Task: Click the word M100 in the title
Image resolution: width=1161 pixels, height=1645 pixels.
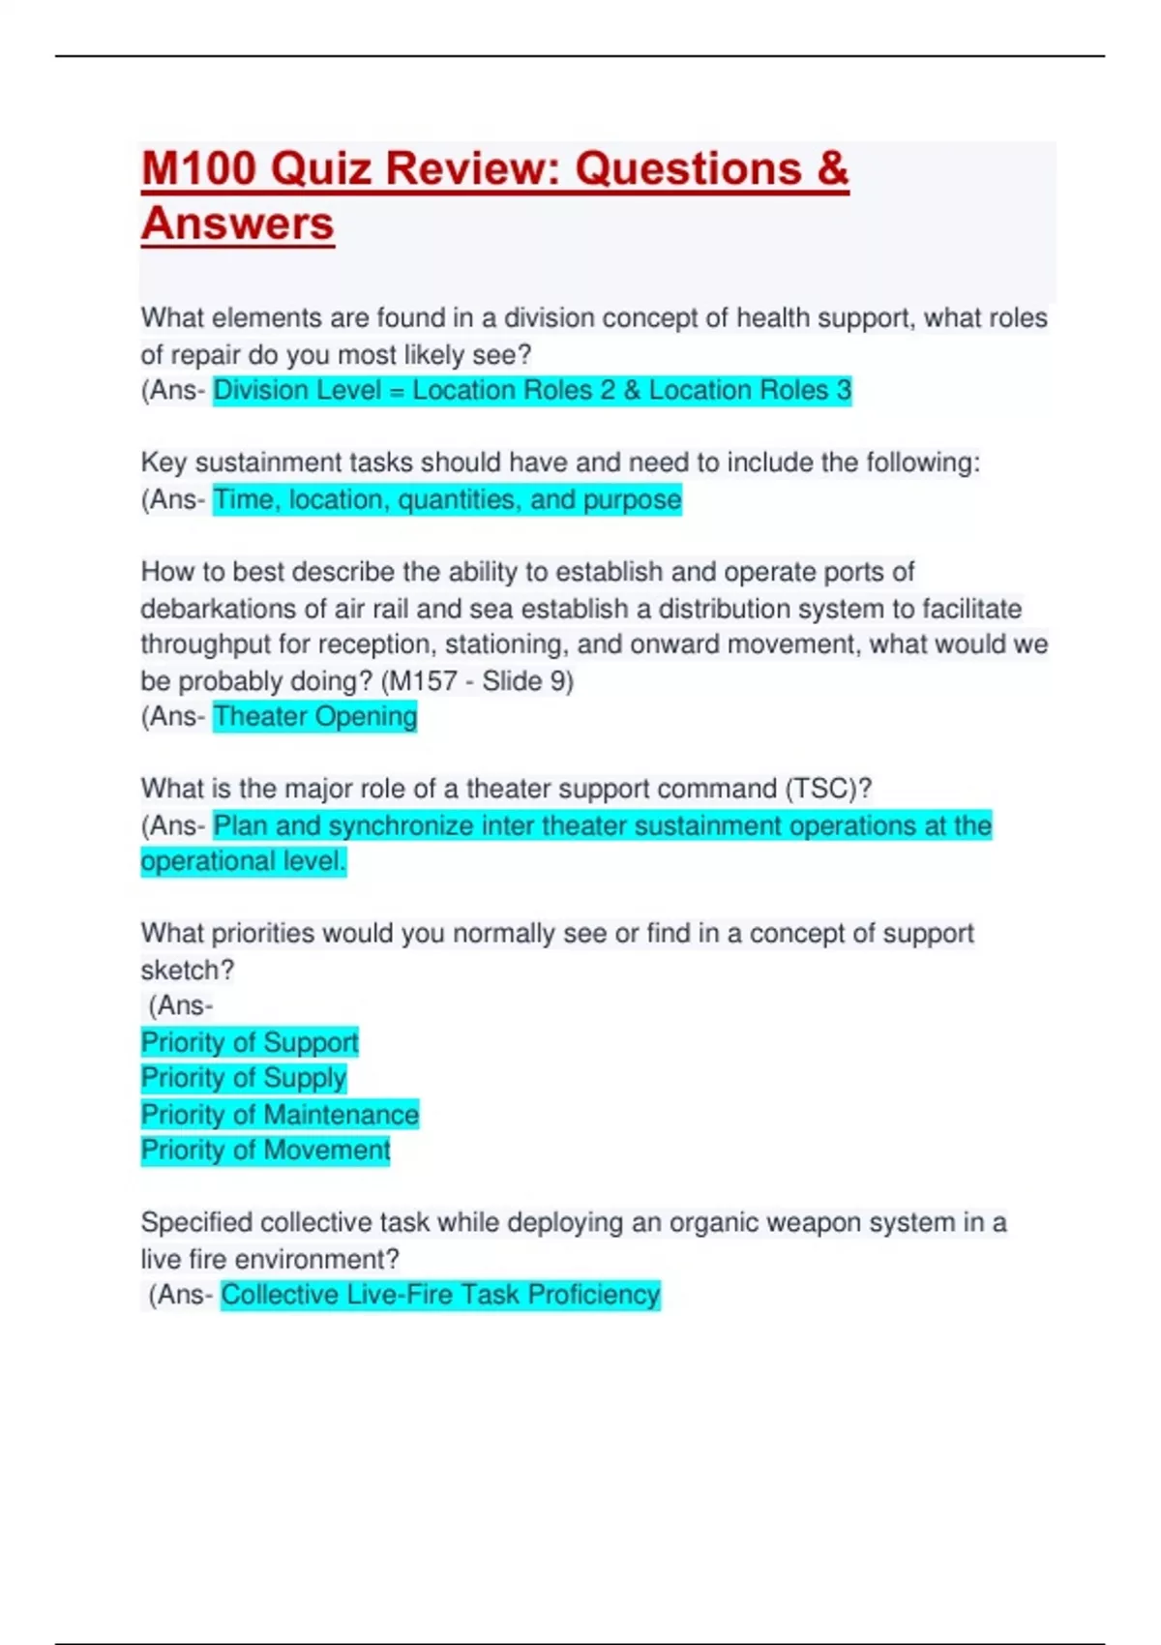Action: tap(198, 168)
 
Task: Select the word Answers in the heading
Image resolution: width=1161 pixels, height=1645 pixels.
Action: tap(238, 224)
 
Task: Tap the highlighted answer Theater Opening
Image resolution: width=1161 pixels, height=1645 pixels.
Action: tap(315, 717)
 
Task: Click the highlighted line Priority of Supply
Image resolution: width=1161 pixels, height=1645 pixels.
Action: tap(244, 1078)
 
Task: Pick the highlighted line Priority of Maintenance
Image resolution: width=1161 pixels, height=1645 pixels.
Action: tap(280, 1115)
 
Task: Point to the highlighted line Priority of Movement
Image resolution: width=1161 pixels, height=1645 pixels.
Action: tap(265, 1151)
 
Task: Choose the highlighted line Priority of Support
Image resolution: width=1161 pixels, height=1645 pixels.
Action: tap(250, 1042)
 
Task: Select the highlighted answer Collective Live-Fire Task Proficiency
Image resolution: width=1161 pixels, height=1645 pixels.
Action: tap(440, 1295)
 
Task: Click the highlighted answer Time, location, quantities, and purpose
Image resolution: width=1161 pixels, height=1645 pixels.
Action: tap(447, 500)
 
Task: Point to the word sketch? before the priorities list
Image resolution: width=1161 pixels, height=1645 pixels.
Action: tap(188, 970)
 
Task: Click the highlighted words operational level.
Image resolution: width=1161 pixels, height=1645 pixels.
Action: tap(243, 861)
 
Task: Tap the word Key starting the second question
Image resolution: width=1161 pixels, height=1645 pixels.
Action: tap(164, 463)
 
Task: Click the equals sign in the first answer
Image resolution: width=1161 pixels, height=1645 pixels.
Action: tap(397, 391)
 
